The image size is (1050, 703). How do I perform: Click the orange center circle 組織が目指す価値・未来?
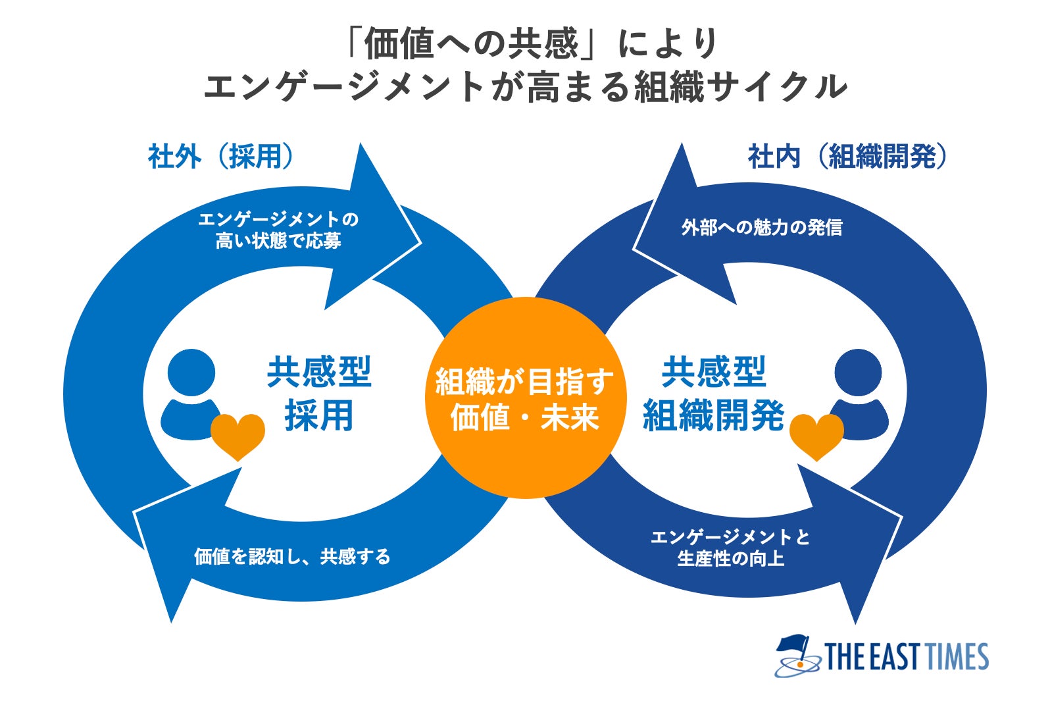524,397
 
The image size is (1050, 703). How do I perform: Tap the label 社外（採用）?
220,157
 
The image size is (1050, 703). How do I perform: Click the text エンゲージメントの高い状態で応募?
278,230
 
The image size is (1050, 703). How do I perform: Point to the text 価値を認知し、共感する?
292,557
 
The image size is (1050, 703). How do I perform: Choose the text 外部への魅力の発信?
761,228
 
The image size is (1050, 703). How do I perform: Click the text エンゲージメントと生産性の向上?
730,548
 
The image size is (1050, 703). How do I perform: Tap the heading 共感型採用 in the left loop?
319,394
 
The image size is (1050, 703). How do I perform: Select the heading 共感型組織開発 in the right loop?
713,394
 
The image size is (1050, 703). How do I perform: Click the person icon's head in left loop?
191,373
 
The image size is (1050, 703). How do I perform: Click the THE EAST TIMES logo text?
907,657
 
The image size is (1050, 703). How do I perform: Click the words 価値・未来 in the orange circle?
524,417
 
